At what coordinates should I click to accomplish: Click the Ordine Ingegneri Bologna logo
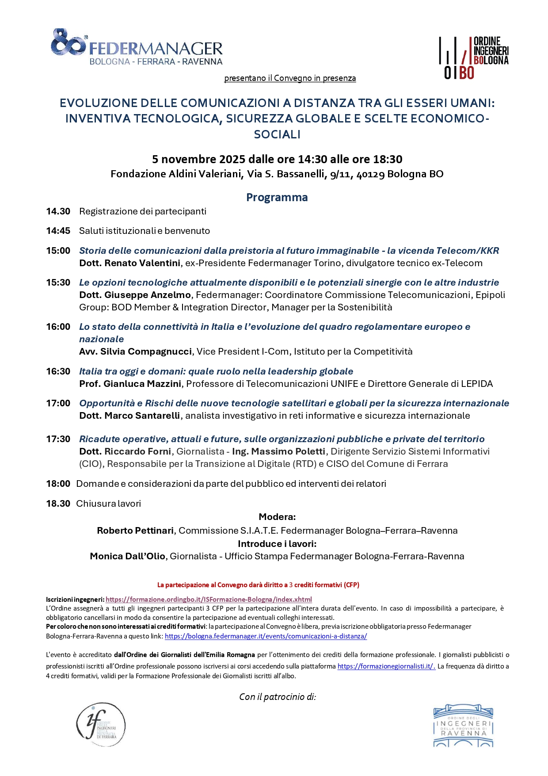click(474, 57)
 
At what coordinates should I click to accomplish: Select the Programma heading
click(277, 197)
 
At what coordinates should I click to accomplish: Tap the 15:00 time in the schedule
click(58, 251)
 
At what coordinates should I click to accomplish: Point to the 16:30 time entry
click(58, 371)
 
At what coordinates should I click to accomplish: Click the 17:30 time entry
click(58, 439)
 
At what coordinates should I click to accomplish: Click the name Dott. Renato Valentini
click(129, 263)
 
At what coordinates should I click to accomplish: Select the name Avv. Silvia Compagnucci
click(135, 352)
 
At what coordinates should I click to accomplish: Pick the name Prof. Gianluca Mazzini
click(130, 384)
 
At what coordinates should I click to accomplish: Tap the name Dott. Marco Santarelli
click(129, 416)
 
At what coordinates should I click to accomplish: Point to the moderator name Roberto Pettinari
click(135, 531)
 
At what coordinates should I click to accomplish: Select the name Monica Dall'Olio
click(127, 556)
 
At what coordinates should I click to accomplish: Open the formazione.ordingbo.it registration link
click(209, 600)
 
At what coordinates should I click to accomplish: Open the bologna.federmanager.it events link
click(266, 636)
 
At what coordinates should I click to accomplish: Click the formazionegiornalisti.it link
click(386, 666)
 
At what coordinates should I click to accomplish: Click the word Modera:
click(277, 517)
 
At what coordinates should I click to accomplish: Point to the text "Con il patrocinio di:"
click(278, 697)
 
